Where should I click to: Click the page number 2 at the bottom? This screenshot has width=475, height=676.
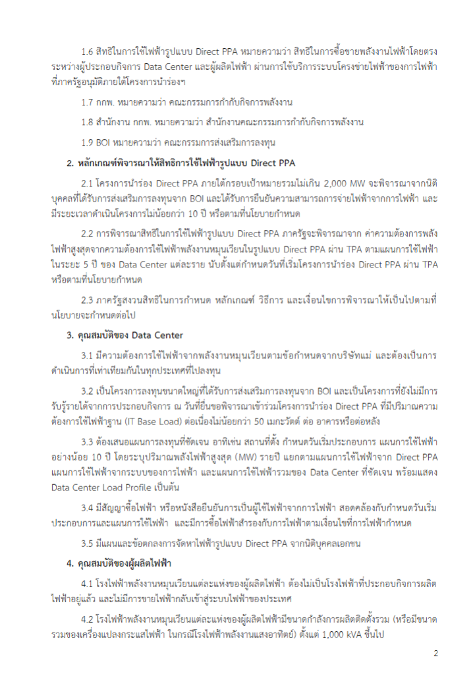(435, 654)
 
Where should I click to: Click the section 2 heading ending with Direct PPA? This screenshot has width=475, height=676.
(184, 162)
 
